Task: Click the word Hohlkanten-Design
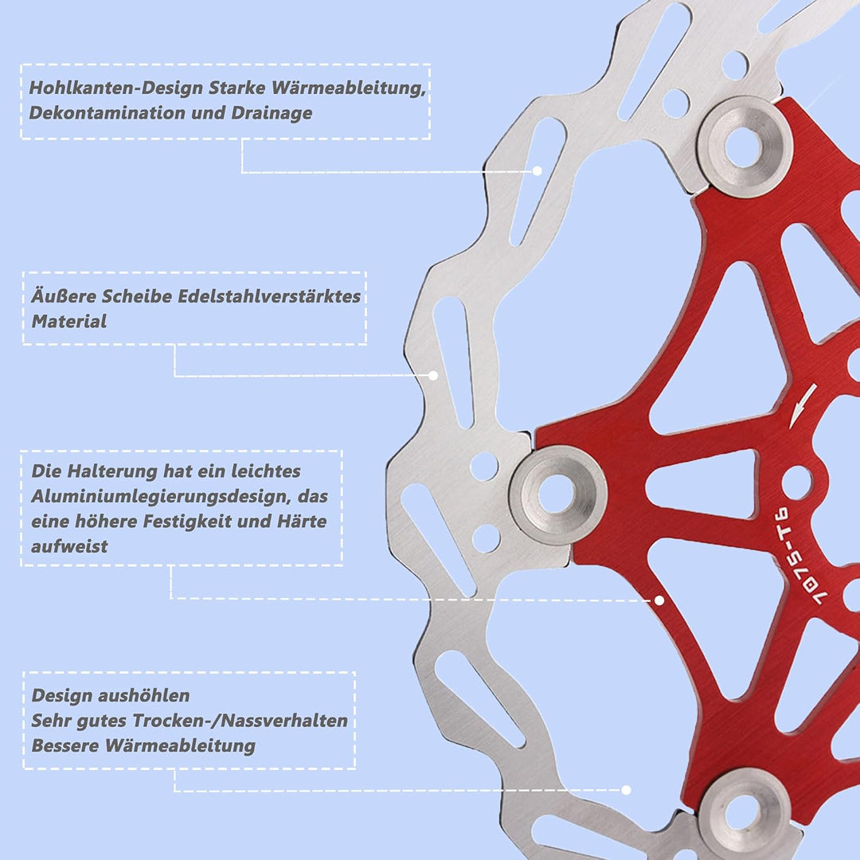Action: tap(115, 88)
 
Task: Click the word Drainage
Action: tap(272, 113)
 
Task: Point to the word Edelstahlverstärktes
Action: tap(269, 296)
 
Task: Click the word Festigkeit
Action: tap(185, 521)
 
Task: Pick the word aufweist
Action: tap(69, 546)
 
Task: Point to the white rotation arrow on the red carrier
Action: tap(803, 406)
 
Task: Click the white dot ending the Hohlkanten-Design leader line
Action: tap(537, 171)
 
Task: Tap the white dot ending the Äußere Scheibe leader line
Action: tap(433, 376)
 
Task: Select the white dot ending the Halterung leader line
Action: tap(659, 600)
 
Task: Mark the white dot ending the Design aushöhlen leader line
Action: tap(627, 790)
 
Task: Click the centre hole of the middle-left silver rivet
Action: tap(557, 494)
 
